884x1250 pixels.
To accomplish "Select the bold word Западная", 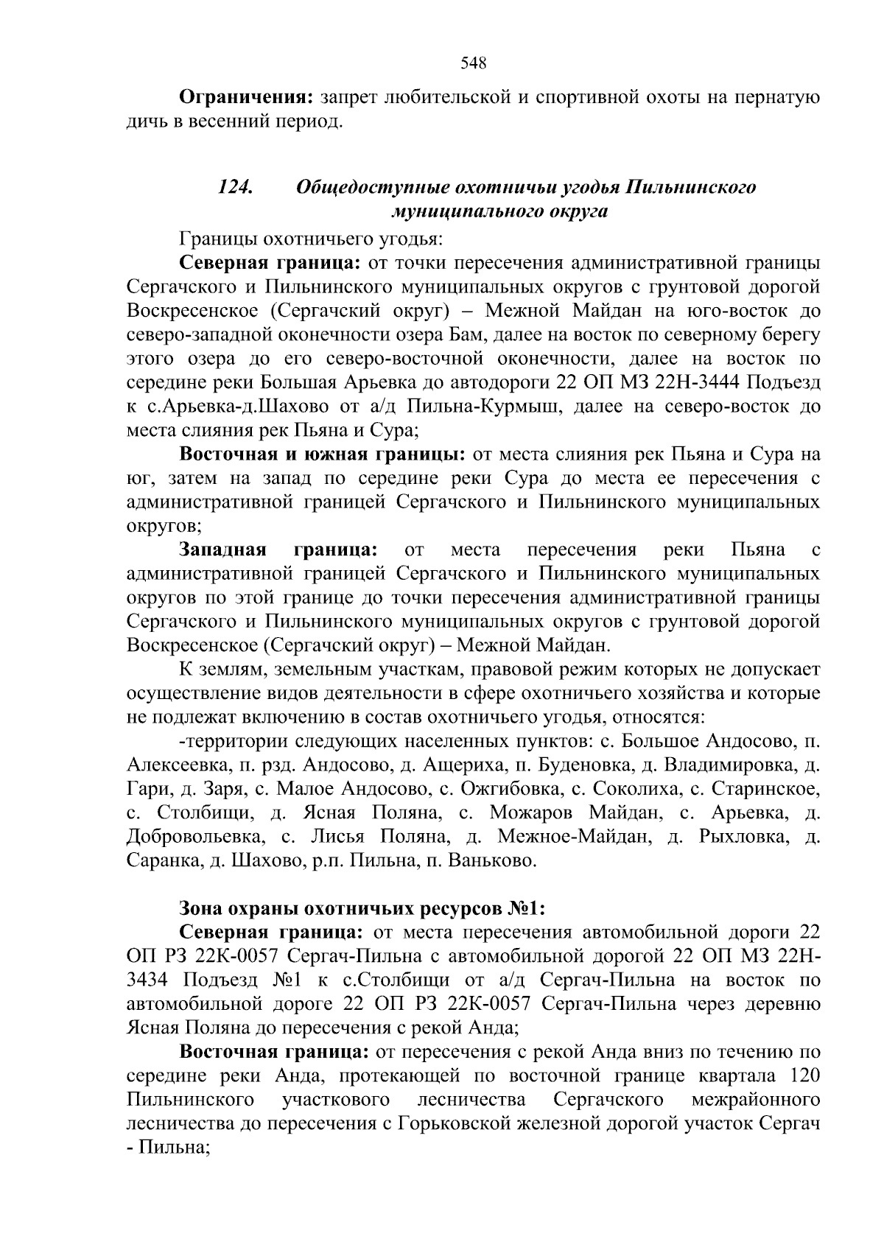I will (222, 549).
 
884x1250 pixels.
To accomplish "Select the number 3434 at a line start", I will (147, 980).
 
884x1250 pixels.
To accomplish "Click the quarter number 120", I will (804, 1075).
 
